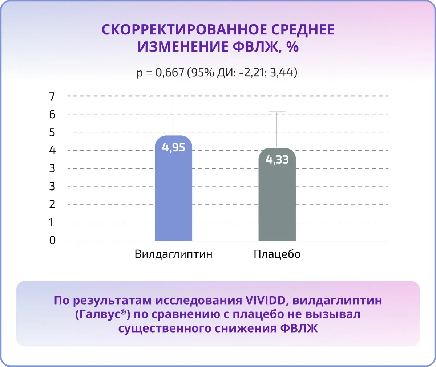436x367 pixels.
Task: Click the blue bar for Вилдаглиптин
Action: click(x=173, y=188)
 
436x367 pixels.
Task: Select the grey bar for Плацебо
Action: click(x=277, y=194)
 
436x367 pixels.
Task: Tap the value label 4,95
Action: click(x=173, y=147)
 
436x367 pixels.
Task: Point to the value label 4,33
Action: click(x=277, y=160)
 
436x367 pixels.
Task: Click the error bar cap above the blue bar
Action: click(x=173, y=99)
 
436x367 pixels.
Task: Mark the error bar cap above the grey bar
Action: click(x=277, y=112)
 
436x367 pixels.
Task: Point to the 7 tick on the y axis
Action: click(x=52, y=97)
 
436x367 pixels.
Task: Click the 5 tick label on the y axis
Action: click(x=52, y=132)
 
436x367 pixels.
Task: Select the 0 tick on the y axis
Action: click(x=52, y=240)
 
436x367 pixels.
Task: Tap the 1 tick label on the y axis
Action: click(x=51, y=222)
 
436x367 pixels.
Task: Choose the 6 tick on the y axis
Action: click(x=52, y=115)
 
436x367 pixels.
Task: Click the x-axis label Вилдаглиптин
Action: click(x=173, y=254)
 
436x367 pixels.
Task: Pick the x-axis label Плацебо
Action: click(x=277, y=254)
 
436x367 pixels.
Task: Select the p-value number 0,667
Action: click(x=170, y=73)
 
